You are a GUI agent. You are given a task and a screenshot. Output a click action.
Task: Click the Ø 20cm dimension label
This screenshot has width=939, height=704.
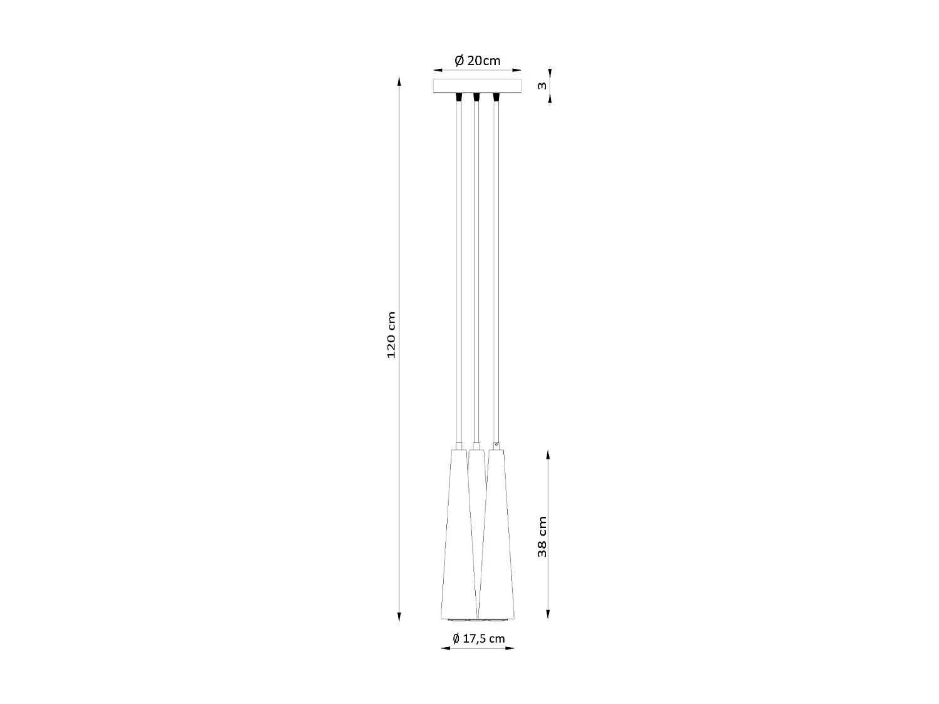click(477, 61)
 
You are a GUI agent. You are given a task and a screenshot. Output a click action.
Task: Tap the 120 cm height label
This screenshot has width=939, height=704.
click(391, 335)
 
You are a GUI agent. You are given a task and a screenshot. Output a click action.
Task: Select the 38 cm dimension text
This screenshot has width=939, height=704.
click(542, 536)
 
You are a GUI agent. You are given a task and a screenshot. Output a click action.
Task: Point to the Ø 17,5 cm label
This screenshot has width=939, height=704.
click(478, 638)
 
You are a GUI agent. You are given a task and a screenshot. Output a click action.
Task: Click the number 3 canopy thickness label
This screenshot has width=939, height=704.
click(542, 85)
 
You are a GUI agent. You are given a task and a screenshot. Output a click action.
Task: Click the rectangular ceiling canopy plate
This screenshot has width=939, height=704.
click(477, 86)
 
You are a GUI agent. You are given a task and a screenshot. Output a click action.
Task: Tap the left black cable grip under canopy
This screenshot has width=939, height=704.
click(458, 98)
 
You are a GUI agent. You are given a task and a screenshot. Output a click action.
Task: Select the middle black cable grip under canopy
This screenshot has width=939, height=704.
click(476, 98)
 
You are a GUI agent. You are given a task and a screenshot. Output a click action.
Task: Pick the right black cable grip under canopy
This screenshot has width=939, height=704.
click(496, 98)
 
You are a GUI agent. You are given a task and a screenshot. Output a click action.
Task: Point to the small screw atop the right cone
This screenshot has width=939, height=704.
click(496, 445)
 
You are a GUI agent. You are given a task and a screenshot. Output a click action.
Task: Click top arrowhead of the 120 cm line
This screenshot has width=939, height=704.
click(399, 80)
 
